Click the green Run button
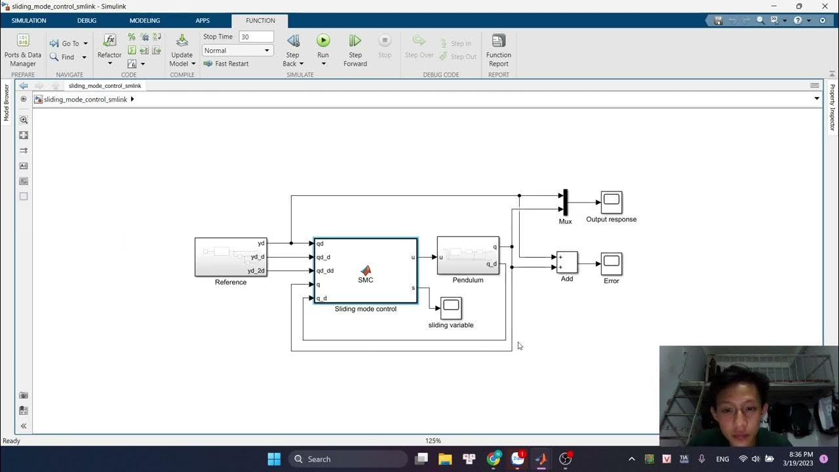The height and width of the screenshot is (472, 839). (323, 41)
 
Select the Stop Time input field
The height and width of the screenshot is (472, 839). (256, 37)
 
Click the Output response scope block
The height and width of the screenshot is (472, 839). (612, 202)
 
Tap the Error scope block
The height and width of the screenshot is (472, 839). (612, 264)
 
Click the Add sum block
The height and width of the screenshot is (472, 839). (567, 262)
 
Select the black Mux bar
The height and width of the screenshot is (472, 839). (565, 202)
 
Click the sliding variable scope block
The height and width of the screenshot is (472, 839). (451, 307)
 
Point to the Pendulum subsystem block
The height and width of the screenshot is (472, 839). (468, 255)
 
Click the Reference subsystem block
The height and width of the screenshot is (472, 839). (231, 257)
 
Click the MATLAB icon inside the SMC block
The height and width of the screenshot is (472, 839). (366, 270)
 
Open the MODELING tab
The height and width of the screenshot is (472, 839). (145, 20)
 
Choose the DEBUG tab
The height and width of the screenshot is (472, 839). (87, 20)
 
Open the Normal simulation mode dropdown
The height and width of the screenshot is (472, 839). (237, 50)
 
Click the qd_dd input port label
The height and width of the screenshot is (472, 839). (325, 271)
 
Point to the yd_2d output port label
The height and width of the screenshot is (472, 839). (256, 271)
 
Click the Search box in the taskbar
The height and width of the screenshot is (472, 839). (347, 459)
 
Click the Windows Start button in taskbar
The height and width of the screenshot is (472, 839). (274, 459)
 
